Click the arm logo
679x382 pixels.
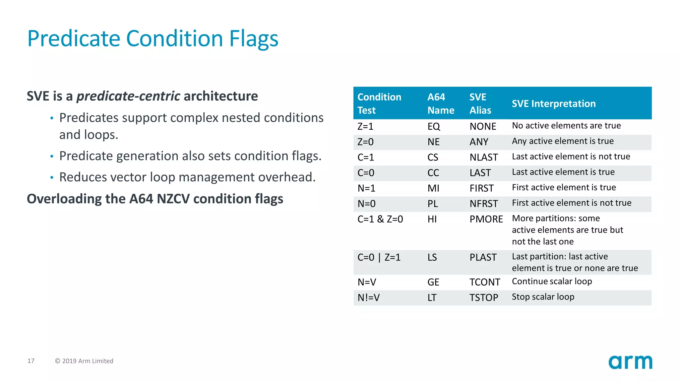tap(630, 362)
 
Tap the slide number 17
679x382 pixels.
tap(31, 361)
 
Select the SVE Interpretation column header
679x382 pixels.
tap(553, 103)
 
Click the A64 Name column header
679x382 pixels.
tap(440, 103)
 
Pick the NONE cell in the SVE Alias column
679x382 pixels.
tap(482, 126)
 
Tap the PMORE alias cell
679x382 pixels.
tap(486, 219)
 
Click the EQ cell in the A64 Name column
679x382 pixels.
tap(433, 126)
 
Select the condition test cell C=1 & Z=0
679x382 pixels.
tap(380, 219)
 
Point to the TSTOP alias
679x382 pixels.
tap(483, 297)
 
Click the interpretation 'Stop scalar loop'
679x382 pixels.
tap(543, 297)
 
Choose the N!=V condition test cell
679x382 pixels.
tap(368, 297)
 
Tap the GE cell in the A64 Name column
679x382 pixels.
tap(433, 282)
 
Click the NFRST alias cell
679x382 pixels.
tap(483, 204)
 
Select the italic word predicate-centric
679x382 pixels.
tap(128, 96)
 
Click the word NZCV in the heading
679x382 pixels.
tap(173, 199)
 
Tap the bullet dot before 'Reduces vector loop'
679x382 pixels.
tap(52, 178)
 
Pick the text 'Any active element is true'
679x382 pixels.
tap(563, 141)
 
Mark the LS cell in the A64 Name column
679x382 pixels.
tap(432, 257)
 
